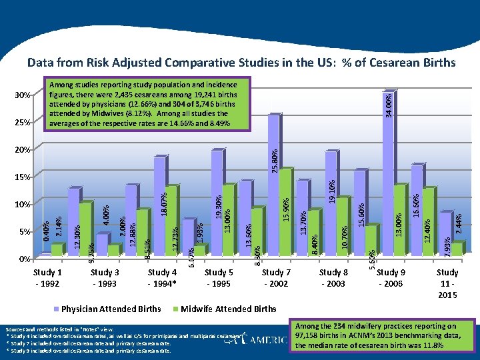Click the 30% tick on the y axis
pyautogui.click(x=23, y=95)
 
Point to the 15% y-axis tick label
pyautogui.click(x=23, y=177)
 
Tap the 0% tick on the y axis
pyautogui.click(x=25, y=259)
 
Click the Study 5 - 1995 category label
pyautogui.click(x=219, y=278)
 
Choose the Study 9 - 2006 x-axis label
pyautogui.click(x=391, y=278)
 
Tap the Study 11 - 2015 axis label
pyautogui.click(x=447, y=283)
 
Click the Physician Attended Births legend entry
pyautogui.click(x=111, y=309)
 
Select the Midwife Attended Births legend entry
pyautogui.click(x=228, y=309)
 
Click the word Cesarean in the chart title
pyautogui.click(x=394, y=63)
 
